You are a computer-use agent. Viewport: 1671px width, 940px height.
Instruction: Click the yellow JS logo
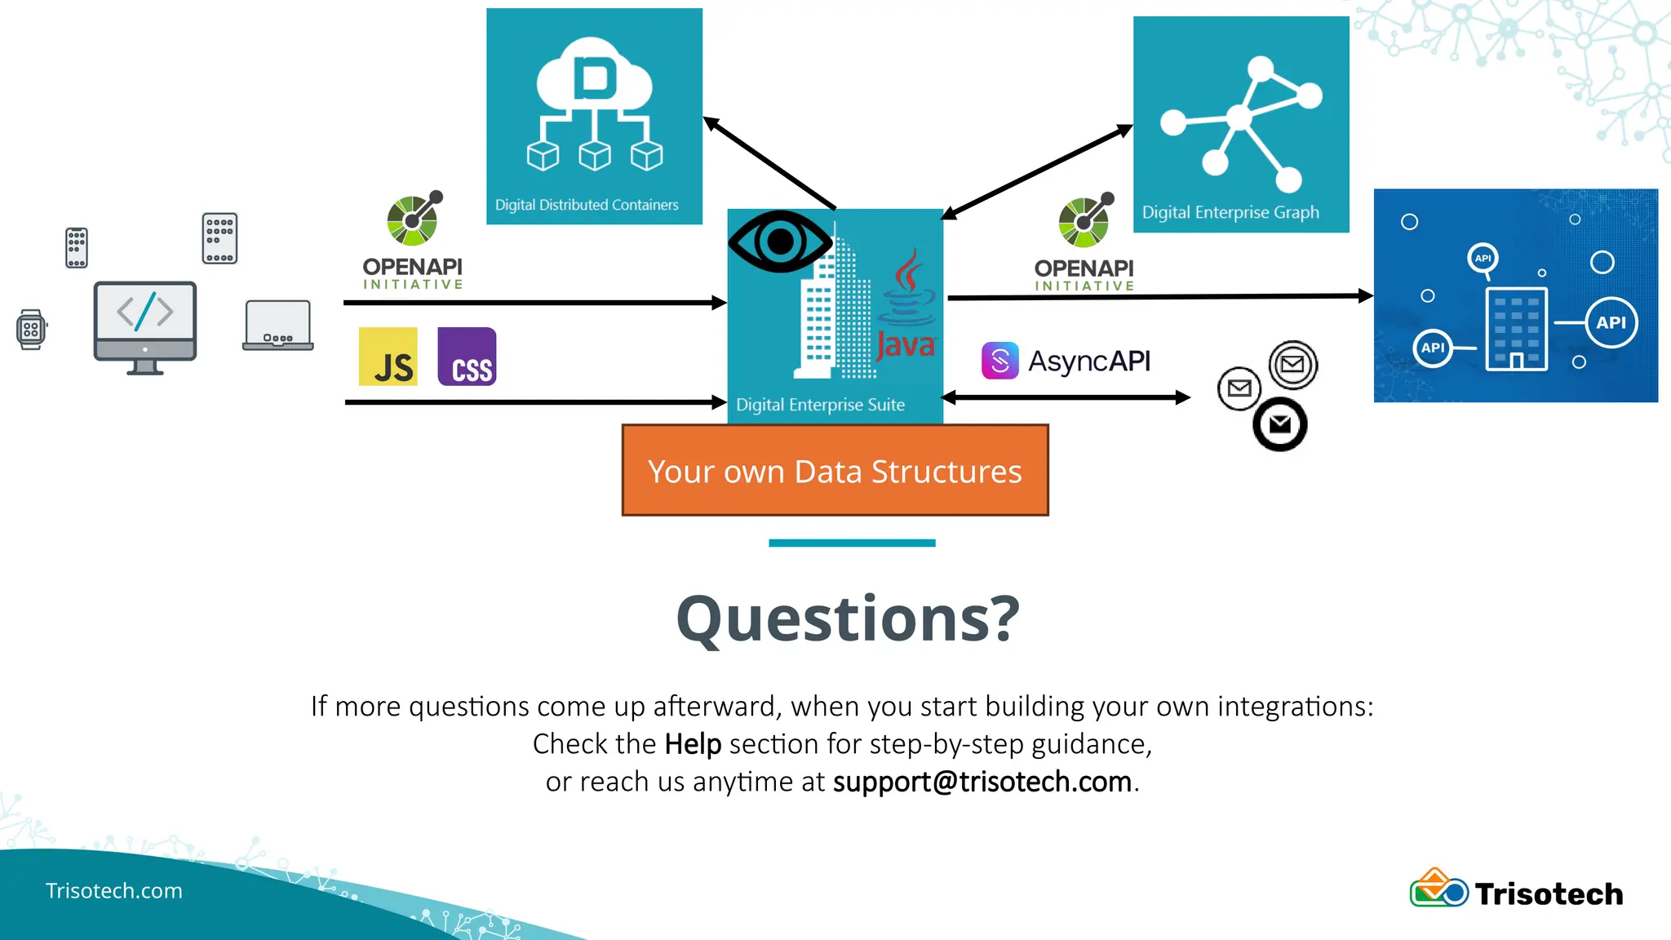tap(388, 357)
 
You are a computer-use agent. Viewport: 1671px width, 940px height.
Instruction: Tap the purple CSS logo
tap(467, 357)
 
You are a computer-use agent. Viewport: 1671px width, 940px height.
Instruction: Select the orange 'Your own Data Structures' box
tap(835, 471)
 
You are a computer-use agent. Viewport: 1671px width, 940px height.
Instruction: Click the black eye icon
tap(780, 242)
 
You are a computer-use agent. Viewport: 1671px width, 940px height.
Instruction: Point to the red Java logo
tap(906, 306)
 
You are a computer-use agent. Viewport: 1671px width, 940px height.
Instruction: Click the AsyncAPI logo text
tap(1088, 361)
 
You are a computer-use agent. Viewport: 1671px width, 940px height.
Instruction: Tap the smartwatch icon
tap(31, 330)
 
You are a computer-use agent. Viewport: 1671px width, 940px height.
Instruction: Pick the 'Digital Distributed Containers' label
tap(587, 205)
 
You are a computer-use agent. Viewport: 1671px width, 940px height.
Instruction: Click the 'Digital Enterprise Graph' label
tap(1230, 212)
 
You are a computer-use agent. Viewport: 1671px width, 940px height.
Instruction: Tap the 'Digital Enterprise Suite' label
tap(820, 405)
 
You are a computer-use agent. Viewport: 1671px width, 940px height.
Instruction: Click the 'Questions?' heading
tap(848, 619)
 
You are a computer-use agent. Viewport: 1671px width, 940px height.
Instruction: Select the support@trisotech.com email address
tap(982, 782)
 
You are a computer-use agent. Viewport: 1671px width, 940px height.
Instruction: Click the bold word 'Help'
tap(693, 744)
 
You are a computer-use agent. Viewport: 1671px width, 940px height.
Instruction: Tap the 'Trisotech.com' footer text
tap(114, 890)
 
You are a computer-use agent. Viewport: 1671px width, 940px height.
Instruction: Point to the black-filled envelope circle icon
tap(1279, 424)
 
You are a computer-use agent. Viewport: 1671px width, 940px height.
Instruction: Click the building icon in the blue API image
tap(1516, 329)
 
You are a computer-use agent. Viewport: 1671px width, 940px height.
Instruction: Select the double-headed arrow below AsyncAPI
tap(1066, 397)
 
